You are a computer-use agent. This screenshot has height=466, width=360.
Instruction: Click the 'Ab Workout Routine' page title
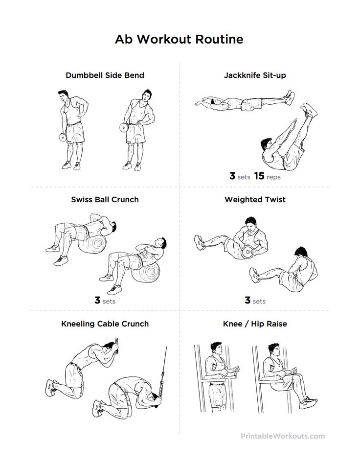tap(179, 39)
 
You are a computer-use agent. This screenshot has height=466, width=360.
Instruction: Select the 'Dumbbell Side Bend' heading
tap(105, 75)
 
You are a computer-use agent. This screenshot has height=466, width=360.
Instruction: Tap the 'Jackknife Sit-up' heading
tap(255, 75)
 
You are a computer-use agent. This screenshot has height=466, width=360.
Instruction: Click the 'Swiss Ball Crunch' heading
tap(105, 199)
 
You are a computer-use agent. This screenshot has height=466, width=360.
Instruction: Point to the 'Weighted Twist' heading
tap(255, 199)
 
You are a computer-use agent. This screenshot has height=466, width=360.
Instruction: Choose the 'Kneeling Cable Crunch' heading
tap(105, 324)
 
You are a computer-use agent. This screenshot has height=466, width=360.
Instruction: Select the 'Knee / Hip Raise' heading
tap(255, 324)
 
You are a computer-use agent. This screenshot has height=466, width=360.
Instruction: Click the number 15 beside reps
tap(259, 176)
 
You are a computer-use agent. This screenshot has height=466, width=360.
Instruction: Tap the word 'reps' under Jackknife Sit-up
tap(273, 177)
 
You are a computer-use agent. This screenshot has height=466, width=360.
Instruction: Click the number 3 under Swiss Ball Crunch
tap(97, 300)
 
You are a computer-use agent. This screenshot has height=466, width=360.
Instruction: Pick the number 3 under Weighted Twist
tap(247, 300)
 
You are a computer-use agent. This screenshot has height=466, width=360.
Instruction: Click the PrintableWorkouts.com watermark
tap(283, 436)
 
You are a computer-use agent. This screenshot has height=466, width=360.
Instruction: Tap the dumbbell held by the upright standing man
tap(63, 137)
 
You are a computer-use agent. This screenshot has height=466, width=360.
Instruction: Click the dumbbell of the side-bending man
tap(124, 127)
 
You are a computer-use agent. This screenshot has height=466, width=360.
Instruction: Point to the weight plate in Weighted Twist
tap(247, 252)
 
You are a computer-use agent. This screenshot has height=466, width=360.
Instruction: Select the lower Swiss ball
tap(146, 272)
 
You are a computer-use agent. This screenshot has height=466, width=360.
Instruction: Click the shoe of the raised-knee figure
tap(308, 403)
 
